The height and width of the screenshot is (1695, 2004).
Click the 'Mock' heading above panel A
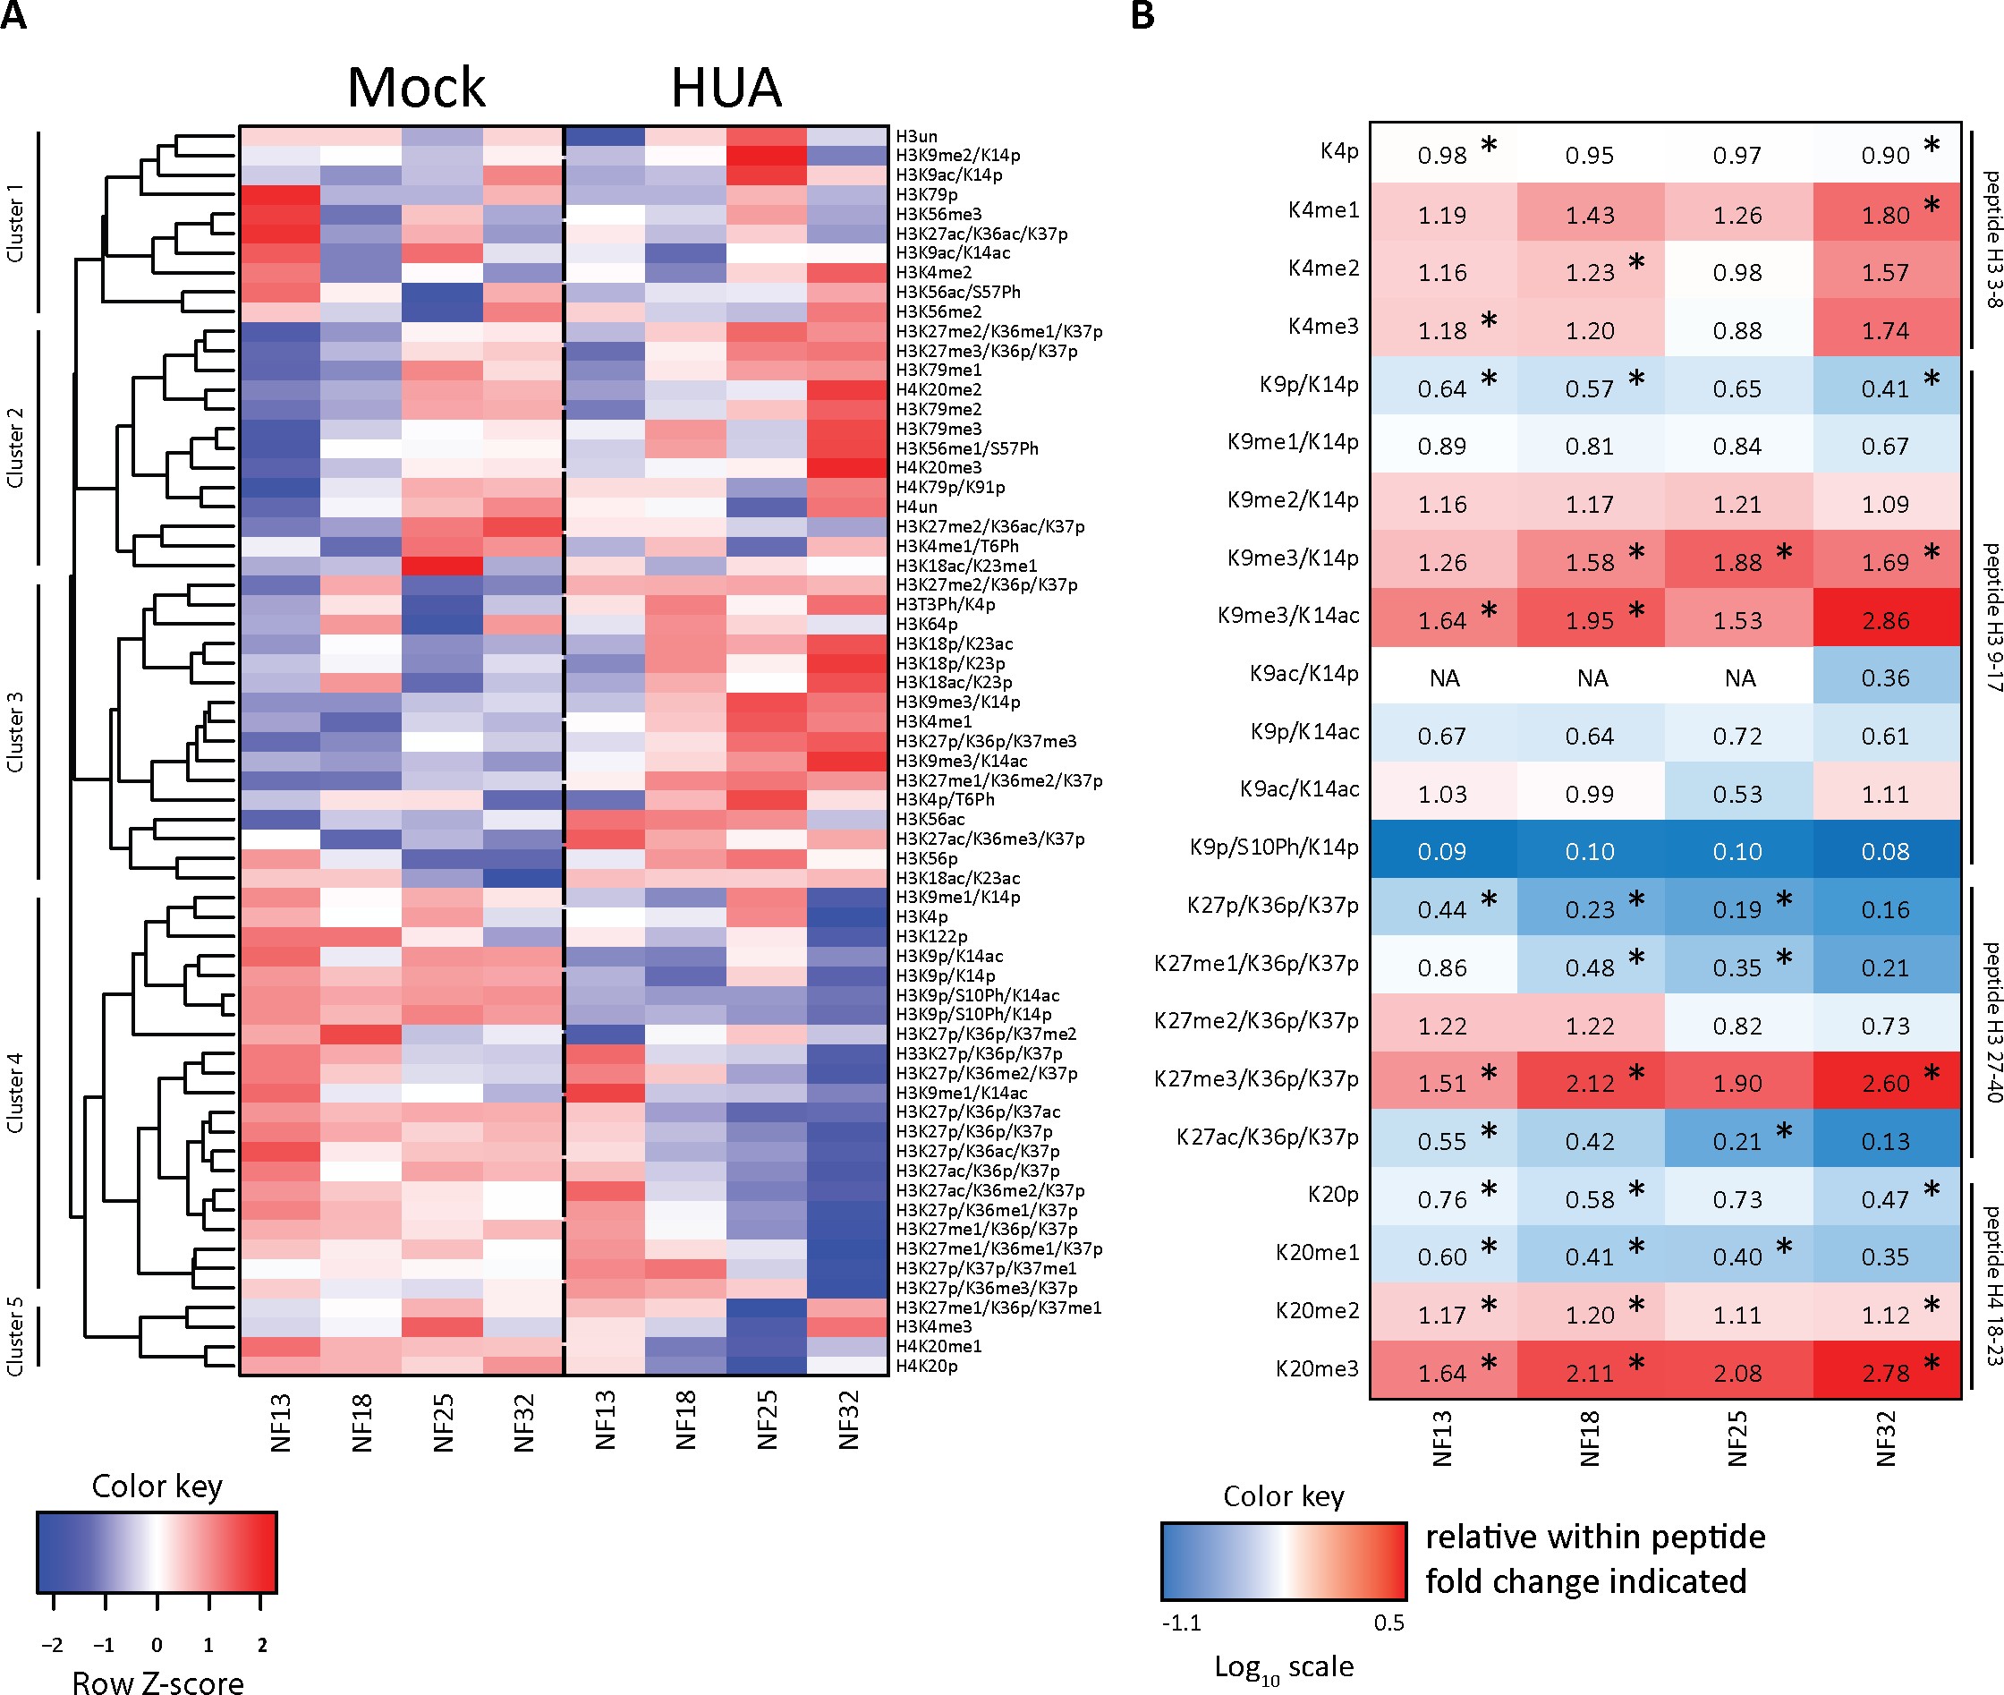pyautogui.click(x=416, y=89)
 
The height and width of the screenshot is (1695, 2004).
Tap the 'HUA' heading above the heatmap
pyautogui.click(x=726, y=89)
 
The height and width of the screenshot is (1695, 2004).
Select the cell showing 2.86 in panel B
pyautogui.click(x=1885, y=621)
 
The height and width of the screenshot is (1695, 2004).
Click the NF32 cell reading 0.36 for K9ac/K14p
pyautogui.click(x=1885, y=678)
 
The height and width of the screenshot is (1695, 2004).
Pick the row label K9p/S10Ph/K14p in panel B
pyautogui.click(x=1274, y=847)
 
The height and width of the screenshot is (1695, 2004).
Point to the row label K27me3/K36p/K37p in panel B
pyautogui.click(x=1255, y=1079)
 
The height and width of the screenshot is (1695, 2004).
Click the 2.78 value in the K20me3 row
pyautogui.click(x=1885, y=1373)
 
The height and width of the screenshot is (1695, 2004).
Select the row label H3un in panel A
pyautogui.click(x=916, y=136)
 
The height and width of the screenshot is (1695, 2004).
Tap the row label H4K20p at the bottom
pyautogui.click(x=926, y=1366)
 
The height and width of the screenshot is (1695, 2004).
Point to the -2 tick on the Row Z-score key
pyautogui.click(x=53, y=1645)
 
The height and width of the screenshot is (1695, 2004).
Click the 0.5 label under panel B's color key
pyautogui.click(x=1388, y=1623)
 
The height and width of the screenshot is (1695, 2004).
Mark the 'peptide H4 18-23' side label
pyautogui.click(x=1991, y=1286)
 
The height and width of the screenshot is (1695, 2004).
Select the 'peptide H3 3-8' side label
pyautogui.click(x=1991, y=239)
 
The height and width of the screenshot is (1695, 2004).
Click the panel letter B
pyautogui.click(x=1142, y=15)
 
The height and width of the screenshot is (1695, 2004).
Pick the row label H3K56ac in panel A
pyautogui.click(x=930, y=819)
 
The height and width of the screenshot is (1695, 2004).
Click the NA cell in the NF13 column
pyautogui.click(x=1444, y=678)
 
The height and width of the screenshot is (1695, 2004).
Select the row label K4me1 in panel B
pyautogui.click(x=1323, y=209)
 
